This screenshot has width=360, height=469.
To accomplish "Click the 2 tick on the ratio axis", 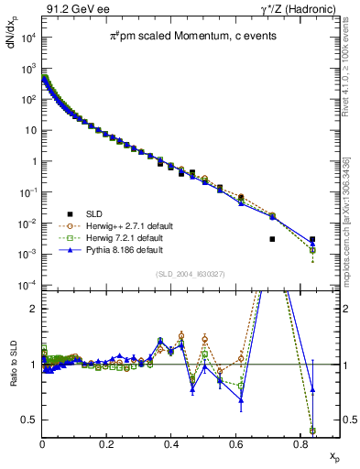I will pos(33,309).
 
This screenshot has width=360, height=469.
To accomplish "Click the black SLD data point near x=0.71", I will pos(271,239).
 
